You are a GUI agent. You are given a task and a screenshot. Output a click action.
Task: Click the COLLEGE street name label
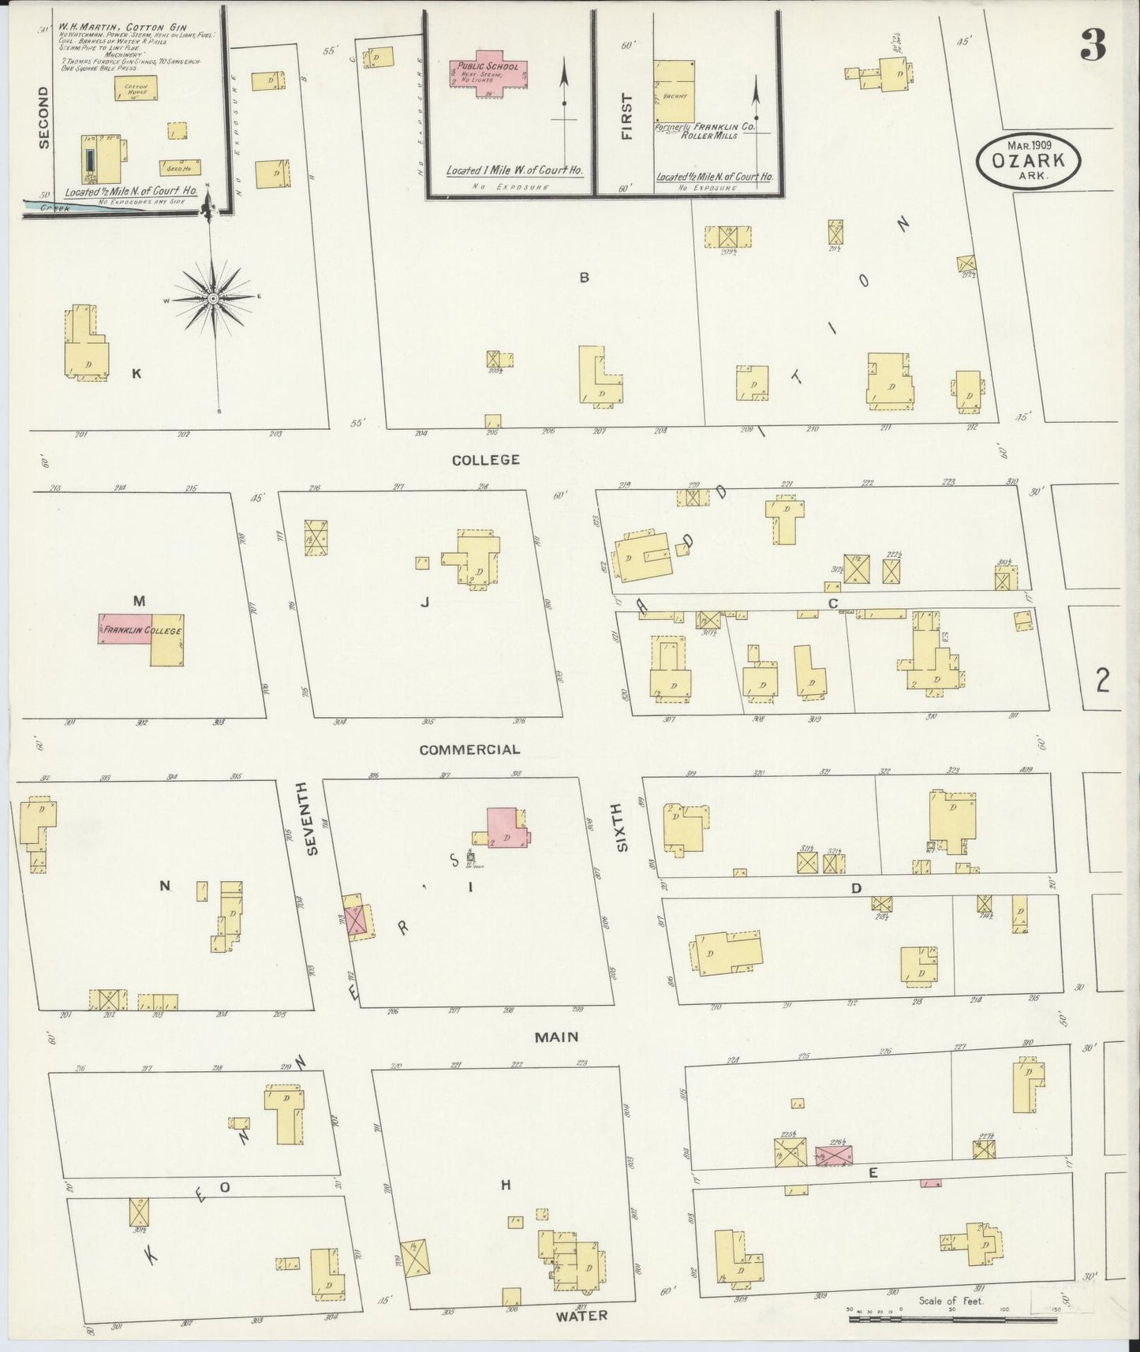coord(485,459)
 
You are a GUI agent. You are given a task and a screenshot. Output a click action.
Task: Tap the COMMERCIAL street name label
coord(469,749)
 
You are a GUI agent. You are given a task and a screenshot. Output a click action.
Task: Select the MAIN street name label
coord(556,1037)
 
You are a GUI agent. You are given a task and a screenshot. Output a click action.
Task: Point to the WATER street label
coord(581,1316)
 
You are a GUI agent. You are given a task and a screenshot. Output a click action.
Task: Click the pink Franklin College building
coord(125,629)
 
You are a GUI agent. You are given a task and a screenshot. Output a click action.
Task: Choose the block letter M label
coord(139,601)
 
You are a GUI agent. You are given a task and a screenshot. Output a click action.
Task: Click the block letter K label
coord(136,373)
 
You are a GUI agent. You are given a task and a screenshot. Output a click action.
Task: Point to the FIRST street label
coord(627,117)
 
